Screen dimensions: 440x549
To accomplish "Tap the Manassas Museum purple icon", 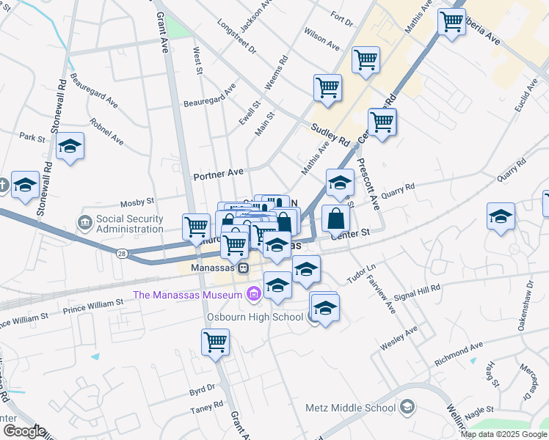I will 254,295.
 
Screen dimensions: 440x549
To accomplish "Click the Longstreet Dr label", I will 236,37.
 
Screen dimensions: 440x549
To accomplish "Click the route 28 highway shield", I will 120,253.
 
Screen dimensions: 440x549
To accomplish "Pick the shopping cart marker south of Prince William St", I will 216,342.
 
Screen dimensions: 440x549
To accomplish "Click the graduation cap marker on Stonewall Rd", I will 70,146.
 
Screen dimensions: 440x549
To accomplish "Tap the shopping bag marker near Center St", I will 335,218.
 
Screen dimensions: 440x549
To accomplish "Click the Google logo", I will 24,431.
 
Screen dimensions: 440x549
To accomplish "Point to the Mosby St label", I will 137,200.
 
